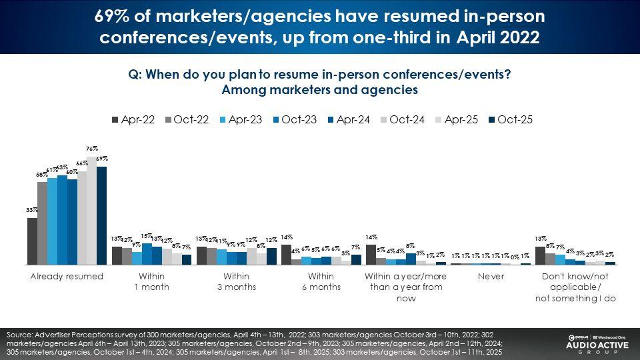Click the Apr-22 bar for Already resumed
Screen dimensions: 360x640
pyautogui.click(x=32, y=241)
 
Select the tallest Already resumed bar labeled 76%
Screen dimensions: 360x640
pyautogui.click(x=91, y=211)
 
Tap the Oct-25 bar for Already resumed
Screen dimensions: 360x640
pyautogui.click(x=101, y=215)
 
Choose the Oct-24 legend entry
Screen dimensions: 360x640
pyautogui.click(x=402, y=120)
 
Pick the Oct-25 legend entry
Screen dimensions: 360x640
pyautogui.click(x=509, y=120)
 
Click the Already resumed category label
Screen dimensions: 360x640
pyautogui.click(x=67, y=277)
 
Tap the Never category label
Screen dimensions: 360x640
pyautogui.click(x=490, y=277)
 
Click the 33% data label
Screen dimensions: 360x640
pyautogui.click(x=31, y=211)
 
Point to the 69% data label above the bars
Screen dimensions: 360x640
pyautogui.click(x=102, y=159)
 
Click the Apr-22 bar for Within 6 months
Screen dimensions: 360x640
pyautogui.click(x=286, y=255)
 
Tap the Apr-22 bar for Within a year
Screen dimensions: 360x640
pyautogui.click(x=371, y=255)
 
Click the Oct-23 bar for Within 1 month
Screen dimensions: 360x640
pyautogui.click(x=147, y=254)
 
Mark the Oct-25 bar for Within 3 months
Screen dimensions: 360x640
pyautogui.click(x=271, y=257)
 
